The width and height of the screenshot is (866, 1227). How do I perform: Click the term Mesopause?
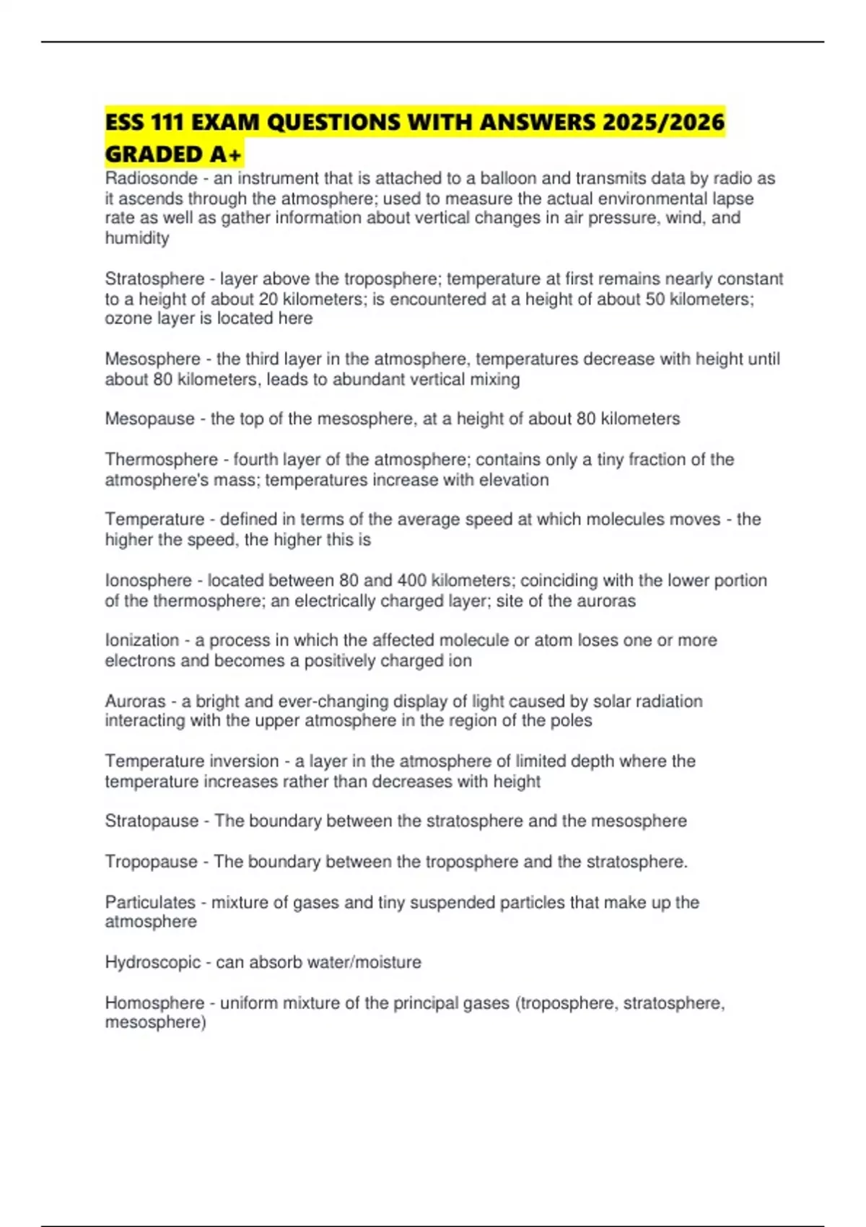[x=149, y=419]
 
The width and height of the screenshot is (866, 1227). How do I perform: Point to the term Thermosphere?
[x=161, y=460]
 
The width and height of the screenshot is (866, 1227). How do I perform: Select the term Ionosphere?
[x=148, y=580]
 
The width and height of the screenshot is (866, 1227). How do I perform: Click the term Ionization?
[x=141, y=640]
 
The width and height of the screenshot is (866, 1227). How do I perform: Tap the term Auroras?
[x=135, y=701]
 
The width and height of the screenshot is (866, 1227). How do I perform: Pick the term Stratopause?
[x=152, y=821]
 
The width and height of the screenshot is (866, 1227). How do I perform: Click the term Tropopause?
[x=151, y=861]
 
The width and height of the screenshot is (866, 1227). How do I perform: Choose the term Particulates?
[x=150, y=902]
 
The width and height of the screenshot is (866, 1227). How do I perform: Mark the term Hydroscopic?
[x=152, y=962]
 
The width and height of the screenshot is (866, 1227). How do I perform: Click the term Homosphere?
[x=154, y=1003]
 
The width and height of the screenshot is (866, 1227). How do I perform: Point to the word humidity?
[x=137, y=238]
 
